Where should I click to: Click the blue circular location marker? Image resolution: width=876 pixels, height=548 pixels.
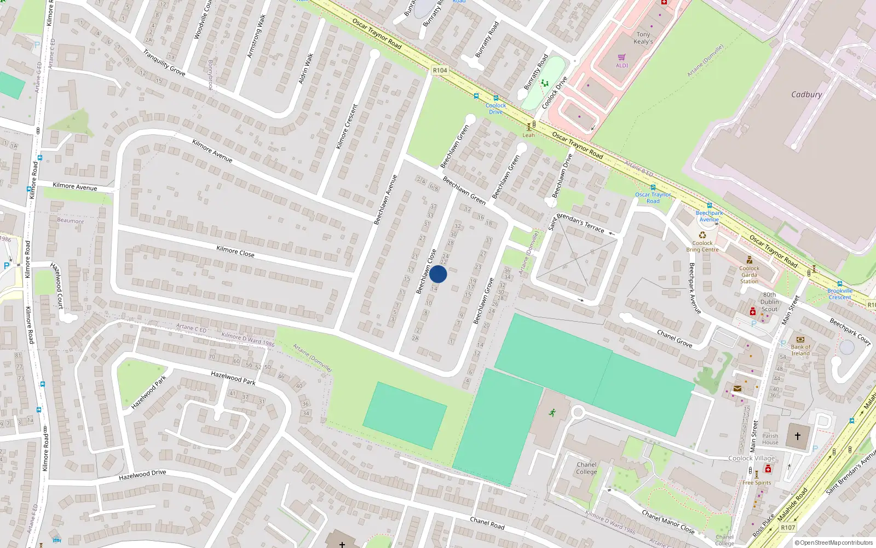pos(438,274)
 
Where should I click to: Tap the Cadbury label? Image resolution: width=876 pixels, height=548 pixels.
pos(806,94)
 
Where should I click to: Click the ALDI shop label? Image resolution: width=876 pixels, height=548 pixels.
pos(622,65)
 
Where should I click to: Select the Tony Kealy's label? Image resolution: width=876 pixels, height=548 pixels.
pos(643,38)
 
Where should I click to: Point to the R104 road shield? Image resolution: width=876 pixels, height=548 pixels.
pos(440,70)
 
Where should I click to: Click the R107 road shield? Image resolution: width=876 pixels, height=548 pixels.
pos(788,528)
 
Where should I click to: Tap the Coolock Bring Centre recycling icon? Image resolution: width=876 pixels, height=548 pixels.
pos(702,235)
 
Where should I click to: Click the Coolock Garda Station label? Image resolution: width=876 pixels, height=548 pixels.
pos(749,275)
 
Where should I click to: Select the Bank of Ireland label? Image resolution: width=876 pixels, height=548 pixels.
pos(800,350)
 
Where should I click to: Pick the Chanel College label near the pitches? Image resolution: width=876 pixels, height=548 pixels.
pos(586,468)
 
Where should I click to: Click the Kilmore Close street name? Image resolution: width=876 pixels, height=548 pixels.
pos(235,250)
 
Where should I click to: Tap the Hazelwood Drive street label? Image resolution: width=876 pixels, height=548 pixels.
pos(142,475)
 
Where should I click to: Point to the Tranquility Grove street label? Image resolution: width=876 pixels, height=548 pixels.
pos(164,62)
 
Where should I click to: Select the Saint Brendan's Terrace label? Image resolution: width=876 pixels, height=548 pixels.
pos(576,222)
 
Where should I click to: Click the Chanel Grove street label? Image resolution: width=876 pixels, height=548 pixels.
pos(675,338)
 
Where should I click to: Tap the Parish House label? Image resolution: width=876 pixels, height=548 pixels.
pos(770,439)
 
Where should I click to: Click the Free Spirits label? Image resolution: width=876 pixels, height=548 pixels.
pos(756,483)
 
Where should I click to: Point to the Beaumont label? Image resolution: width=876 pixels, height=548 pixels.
pos(71,221)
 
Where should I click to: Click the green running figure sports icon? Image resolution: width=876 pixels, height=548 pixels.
pos(552,412)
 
